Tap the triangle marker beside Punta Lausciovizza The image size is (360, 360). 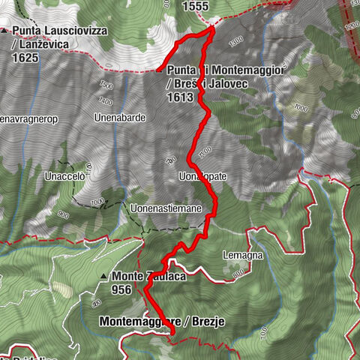click(5, 31)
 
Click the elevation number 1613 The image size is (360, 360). click(181, 97)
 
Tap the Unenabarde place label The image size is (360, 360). click(119, 118)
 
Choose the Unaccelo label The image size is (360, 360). click(66, 177)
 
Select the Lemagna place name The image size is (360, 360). click(241, 256)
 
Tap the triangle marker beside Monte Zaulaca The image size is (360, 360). click(103, 277)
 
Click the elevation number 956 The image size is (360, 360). click(124, 291)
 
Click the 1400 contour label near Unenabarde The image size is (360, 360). click(105, 101)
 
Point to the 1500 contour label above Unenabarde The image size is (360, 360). click(106, 85)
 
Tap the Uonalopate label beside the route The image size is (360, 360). click(202, 176)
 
